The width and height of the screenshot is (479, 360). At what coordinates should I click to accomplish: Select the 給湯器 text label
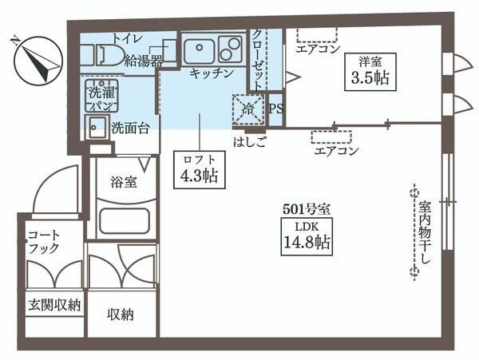[x=143, y=60]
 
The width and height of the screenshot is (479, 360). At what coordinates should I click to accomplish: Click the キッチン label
[x=211, y=73]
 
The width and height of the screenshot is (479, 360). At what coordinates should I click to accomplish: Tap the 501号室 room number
[x=307, y=209]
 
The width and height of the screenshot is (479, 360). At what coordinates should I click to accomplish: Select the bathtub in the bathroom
[x=124, y=221]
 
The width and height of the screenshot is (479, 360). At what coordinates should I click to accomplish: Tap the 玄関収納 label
[x=53, y=304]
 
